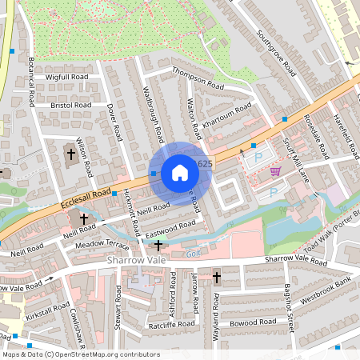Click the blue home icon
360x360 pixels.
(180, 172)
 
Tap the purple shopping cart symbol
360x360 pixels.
(276, 171)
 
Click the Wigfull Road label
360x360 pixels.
(67, 77)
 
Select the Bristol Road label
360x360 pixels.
(71, 104)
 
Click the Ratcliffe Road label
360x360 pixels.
(171, 324)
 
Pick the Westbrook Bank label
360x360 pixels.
(326, 290)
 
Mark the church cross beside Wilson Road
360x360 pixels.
(70, 152)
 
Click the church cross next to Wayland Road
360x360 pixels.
(217, 278)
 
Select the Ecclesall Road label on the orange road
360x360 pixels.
(85, 200)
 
